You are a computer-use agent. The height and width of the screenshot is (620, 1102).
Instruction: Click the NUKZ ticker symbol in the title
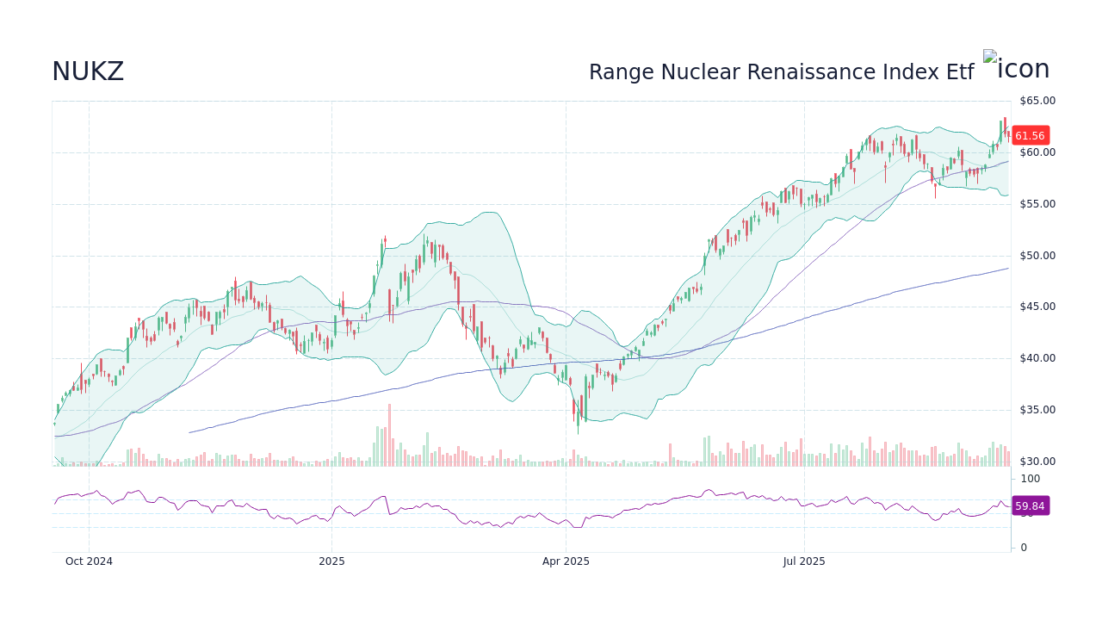pyautogui.click(x=88, y=72)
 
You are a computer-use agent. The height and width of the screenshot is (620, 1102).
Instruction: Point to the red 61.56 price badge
pyautogui.click(x=1030, y=136)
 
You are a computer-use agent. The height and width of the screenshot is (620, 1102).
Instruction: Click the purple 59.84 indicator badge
pyautogui.click(x=1030, y=506)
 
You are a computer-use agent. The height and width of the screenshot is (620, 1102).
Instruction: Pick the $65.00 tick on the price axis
pyautogui.click(x=1037, y=101)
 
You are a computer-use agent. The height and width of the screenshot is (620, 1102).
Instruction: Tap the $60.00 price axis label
pyautogui.click(x=1037, y=152)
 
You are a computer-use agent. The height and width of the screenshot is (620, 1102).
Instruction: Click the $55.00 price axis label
pyautogui.click(x=1037, y=204)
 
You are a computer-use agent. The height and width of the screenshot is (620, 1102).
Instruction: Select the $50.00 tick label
pyautogui.click(x=1037, y=256)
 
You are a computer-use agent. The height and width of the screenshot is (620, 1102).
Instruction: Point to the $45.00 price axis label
pyautogui.click(x=1037, y=307)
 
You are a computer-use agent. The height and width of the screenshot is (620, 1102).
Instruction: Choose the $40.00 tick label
pyautogui.click(x=1037, y=358)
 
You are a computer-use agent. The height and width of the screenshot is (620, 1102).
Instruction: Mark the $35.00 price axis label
pyautogui.click(x=1037, y=410)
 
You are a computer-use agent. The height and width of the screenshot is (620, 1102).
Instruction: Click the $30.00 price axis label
pyautogui.click(x=1037, y=462)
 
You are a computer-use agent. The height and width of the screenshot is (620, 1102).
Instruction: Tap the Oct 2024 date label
pyautogui.click(x=89, y=561)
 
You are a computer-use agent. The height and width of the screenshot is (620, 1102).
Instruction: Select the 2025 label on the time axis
pyautogui.click(x=331, y=561)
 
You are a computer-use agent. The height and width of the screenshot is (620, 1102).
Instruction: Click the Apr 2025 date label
pyautogui.click(x=566, y=561)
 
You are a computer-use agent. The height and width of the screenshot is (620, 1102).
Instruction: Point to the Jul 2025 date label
pyautogui.click(x=804, y=561)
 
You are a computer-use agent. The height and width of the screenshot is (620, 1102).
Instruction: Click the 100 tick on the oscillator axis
pyautogui.click(x=1031, y=479)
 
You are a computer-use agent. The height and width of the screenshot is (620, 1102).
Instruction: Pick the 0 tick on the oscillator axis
pyautogui.click(x=1024, y=548)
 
